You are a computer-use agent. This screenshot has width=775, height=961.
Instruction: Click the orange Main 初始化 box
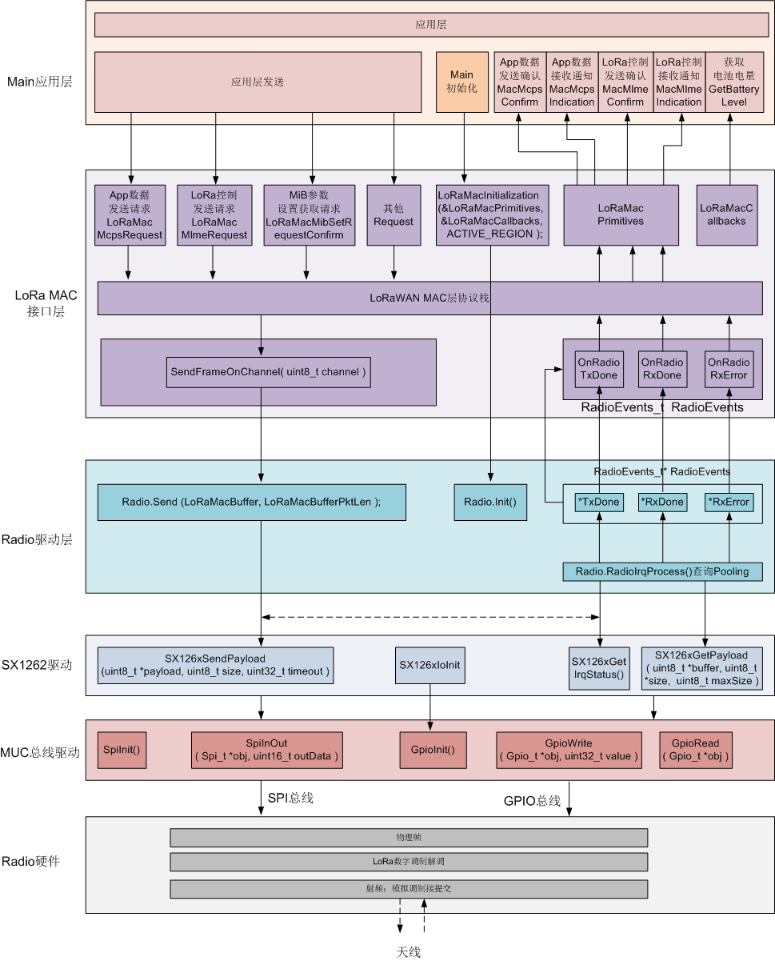coord(462,82)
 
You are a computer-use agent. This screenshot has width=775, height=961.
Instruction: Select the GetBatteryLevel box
coord(733,82)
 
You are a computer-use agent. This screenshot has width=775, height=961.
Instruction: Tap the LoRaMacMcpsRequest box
coord(130,214)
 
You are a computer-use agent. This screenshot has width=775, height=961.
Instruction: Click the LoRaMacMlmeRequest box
coord(214,214)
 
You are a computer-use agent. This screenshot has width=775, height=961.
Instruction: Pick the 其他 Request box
coord(393,214)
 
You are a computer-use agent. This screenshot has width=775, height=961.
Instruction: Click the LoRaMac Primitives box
coord(621,214)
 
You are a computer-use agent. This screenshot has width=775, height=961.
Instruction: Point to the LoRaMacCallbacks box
coord(727,214)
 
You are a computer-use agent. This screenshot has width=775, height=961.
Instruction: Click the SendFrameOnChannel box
coord(268,372)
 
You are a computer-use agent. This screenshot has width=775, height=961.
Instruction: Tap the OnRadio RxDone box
coord(662,369)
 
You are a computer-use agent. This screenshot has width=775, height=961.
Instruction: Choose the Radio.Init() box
coord(490,502)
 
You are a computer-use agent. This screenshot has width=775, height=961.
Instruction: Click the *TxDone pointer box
coord(599,502)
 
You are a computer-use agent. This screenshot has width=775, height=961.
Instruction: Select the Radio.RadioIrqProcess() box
coord(662,571)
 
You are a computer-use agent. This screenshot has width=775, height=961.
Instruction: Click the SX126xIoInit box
coord(430,665)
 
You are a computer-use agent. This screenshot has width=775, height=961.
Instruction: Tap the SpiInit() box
coord(122,750)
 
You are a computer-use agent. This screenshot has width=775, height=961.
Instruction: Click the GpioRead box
coord(695,750)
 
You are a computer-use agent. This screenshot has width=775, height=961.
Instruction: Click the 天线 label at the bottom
coord(409,951)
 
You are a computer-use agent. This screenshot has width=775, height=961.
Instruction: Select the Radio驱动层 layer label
coord(37,539)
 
